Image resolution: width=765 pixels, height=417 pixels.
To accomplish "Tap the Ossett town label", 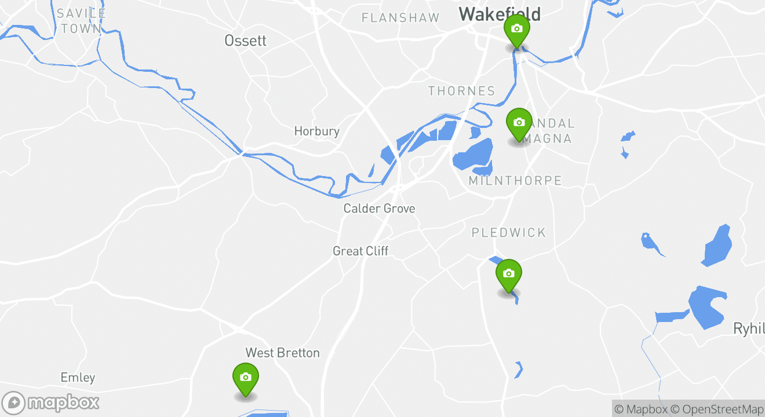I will tap(245, 41).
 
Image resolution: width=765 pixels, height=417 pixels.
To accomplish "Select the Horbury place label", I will tap(316, 131).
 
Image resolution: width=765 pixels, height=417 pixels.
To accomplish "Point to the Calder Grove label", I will tap(379, 209).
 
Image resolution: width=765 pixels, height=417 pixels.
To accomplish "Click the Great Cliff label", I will tap(360, 251).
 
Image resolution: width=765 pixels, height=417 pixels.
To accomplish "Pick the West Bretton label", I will tap(282, 353).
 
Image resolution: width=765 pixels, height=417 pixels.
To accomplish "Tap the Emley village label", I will tap(78, 378).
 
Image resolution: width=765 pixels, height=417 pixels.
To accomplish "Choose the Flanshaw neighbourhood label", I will tap(400, 18).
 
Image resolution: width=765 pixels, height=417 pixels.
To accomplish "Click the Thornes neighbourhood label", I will tap(461, 91).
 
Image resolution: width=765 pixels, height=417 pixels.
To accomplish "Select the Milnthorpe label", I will tap(515, 181).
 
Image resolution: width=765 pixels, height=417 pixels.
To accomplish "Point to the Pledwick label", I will tap(508, 233).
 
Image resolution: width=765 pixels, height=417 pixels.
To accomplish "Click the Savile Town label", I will tap(81, 20).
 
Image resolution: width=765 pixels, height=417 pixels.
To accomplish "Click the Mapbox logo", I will tap(50, 403).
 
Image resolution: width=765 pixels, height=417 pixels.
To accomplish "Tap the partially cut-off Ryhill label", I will tap(749, 329).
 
